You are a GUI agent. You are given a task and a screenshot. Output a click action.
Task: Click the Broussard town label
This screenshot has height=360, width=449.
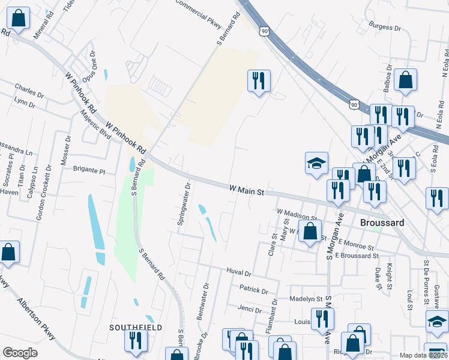click(x=382, y=222)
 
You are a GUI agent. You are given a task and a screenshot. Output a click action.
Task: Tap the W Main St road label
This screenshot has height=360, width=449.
click(x=247, y=190)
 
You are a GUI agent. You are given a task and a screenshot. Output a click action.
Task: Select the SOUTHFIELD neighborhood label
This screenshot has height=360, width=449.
click(x=136, y=328)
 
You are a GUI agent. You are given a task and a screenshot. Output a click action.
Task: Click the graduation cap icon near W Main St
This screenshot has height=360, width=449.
click(x=316, y=164)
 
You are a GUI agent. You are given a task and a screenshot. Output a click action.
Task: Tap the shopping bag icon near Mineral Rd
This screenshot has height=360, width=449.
click(x=19, y=19)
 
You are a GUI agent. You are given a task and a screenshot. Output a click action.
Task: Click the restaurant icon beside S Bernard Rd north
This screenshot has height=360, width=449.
click(x=259, y=81)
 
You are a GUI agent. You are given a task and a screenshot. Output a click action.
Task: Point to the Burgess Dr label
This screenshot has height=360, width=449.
click(x=385, y=27)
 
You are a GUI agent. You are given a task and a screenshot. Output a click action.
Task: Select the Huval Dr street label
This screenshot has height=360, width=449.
click(x=238, y=272)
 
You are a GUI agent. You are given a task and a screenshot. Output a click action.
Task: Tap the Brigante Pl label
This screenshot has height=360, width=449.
click(x=89, y=171)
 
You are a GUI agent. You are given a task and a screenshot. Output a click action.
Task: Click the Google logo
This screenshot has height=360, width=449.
click(x=20, y=353)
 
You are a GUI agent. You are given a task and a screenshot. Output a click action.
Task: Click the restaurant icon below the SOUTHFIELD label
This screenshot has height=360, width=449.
click(x=136, y=341)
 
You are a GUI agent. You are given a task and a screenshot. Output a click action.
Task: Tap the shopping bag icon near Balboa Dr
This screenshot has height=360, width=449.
click(x=405, y=80)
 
